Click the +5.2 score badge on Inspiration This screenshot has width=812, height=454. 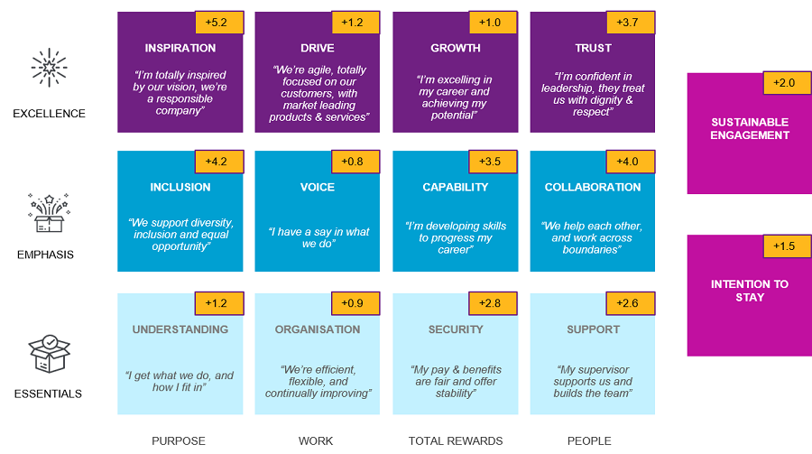point(218,22)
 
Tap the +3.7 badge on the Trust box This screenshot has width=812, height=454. point(631,22)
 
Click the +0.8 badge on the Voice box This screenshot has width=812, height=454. point(355,162)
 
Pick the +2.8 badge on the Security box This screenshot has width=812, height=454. point(493,303)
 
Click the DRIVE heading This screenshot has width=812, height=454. point(317,48)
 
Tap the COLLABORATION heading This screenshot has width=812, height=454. point(593,187)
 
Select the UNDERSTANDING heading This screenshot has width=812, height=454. point(180,329)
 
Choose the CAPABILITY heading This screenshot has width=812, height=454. point(456,187)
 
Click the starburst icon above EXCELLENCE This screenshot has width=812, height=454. point(49,68)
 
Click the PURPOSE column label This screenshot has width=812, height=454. point(179,441)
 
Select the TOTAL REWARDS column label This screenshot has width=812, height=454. point(456,441)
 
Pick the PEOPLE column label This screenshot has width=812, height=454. point(589,441)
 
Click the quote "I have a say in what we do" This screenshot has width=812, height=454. point(318,238)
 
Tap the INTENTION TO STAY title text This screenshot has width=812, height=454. point(750,291)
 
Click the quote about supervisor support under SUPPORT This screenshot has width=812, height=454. point(593,381)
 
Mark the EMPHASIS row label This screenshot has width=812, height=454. point(45,255)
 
